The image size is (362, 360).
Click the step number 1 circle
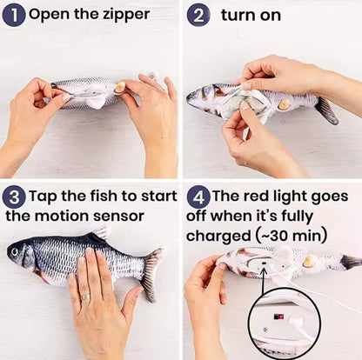(x=14, y=15)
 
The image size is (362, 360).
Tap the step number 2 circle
(x=199, y=15)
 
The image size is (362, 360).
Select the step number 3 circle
(x=14, y=196)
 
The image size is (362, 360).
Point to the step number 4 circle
(x=199, y=196)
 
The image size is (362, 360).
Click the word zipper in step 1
(x=124, y=15)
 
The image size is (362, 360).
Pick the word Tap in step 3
(x=44, y=196)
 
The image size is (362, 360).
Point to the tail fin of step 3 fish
(x=152, y=271)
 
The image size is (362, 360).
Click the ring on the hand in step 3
(x=84, y=297)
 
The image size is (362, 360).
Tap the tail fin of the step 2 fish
(x=325, y=110)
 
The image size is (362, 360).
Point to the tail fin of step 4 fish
(x=349, y=261)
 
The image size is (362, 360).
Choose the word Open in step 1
(x=49, y=15)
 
